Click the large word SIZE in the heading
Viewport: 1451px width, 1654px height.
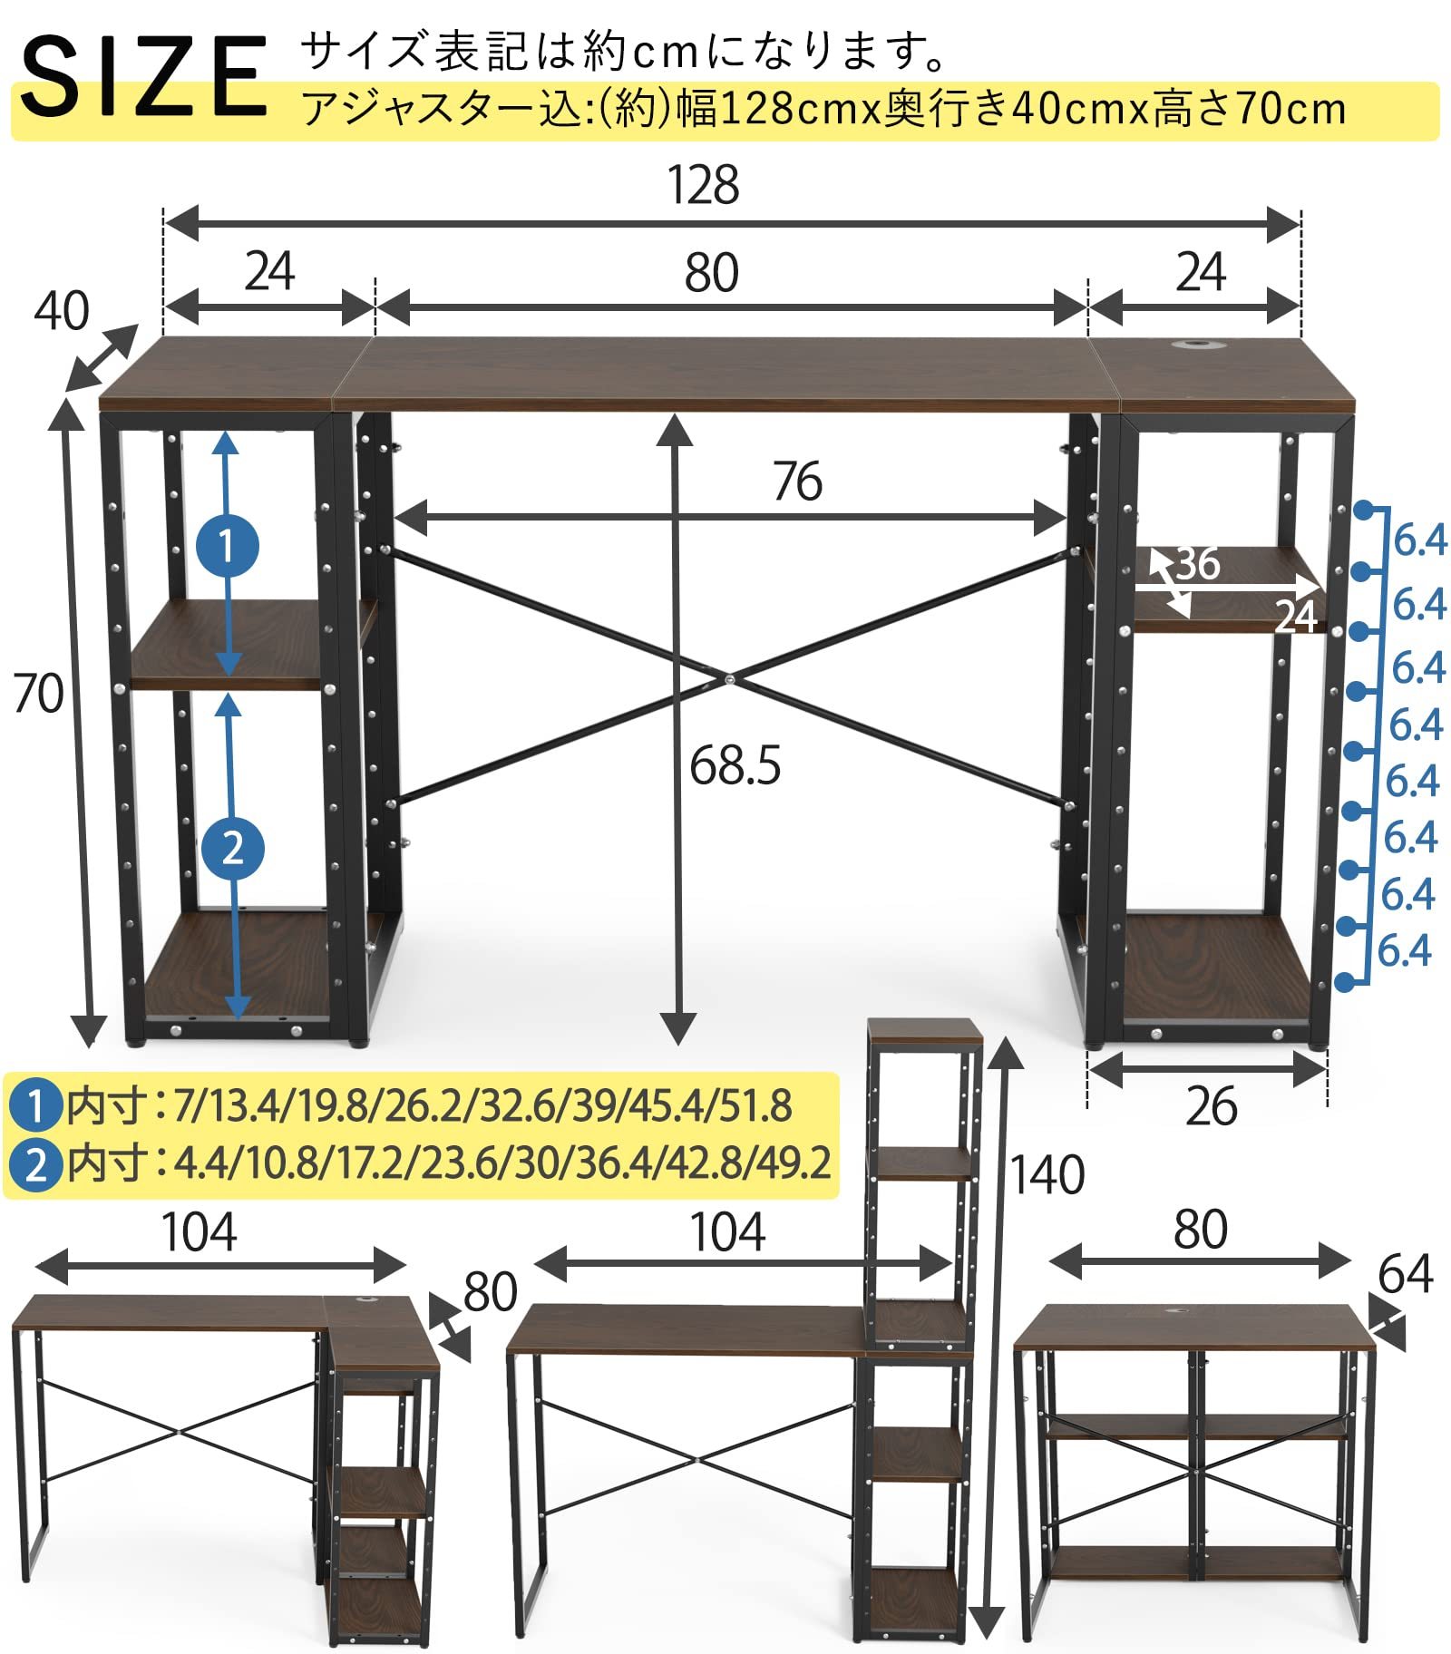(x=145, y=77)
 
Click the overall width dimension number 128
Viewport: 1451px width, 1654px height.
(x=703, y=186)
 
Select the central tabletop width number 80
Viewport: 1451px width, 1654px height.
(x=711, y=273)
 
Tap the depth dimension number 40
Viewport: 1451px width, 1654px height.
(x=62, y=311)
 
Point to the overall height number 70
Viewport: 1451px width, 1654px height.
(x=38, y=695)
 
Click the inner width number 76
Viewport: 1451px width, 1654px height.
(x=797, y=482)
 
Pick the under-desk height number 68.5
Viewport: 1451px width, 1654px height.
(x=735, y=766)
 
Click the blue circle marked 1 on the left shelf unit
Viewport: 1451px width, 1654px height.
(x=228, y=546)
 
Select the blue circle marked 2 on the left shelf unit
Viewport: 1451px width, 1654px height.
(x=233, y=848)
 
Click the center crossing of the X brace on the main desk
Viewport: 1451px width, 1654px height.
(x=728, y=677)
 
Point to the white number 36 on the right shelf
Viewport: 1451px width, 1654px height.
(x=1198, y=564)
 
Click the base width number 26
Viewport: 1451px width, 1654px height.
(x=1211, y=1107)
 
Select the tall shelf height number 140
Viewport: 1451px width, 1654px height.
(x=1047, y=1175)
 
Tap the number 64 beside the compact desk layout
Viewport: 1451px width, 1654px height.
(x=1405, y=1274)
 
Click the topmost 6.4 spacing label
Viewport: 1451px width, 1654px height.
(x=1419, y=541)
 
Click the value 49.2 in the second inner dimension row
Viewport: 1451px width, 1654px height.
(x=795, y=1163)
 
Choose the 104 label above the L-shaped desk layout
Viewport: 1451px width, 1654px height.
(x=199, y=1232)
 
